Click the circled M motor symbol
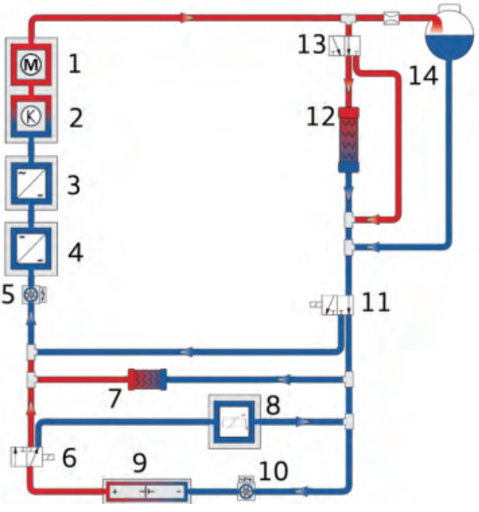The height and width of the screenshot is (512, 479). tap(31, 65)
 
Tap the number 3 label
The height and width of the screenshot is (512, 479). tap(74, 185)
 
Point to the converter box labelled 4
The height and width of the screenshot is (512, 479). tap(31, 249)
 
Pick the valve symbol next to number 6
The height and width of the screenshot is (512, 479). tap(31, 457)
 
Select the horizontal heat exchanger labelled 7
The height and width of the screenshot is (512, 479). tap(147, 380)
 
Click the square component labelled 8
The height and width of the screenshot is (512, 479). tap(234, 421)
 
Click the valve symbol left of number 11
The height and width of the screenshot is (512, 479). tap(332, 305)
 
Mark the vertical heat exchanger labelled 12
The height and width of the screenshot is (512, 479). tap(349, 139)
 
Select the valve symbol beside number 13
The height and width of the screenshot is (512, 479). tap(344, 45)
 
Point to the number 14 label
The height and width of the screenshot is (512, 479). tap(423, 76)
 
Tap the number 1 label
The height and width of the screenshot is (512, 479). tap(75, 64)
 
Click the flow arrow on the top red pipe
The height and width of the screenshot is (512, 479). tap(187, 17)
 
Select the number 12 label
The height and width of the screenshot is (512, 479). tap(321, 117)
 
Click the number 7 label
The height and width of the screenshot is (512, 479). tap(115, 398)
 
